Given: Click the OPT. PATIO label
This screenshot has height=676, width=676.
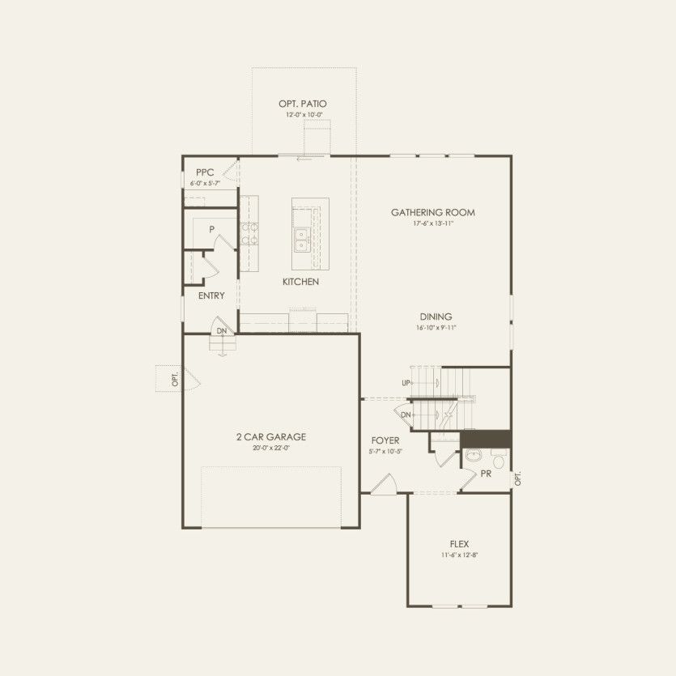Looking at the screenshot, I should point(304,104).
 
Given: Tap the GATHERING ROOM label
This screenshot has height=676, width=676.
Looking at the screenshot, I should point(432,213).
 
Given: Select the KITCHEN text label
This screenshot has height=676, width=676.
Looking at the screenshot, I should point(300,282).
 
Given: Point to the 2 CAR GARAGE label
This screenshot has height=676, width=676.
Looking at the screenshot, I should point(270,437).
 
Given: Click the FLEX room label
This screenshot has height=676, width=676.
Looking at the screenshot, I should point(459,544).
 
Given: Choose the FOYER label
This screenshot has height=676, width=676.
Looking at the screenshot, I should point(385,441).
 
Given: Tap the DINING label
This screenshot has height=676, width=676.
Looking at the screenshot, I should point(436,317).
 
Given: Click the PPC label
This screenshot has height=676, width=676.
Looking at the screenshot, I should point(204,172).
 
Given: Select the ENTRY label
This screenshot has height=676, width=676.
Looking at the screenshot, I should point(211,295).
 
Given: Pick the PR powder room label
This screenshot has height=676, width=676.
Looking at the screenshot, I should point(486,474).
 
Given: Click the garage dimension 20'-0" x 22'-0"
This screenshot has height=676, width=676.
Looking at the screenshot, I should point(270,448).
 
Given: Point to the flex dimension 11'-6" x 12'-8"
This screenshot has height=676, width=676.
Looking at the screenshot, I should point(459,555).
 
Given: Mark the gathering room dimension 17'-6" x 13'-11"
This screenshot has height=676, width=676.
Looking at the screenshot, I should point(432,223).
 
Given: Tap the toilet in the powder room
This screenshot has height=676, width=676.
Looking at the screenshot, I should point(499,461).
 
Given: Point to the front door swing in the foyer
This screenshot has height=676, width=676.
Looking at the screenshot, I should point(382,483).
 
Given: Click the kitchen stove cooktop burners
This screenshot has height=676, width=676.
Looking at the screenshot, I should point(249,233).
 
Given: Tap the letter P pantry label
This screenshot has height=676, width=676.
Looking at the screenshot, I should point(211,229).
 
